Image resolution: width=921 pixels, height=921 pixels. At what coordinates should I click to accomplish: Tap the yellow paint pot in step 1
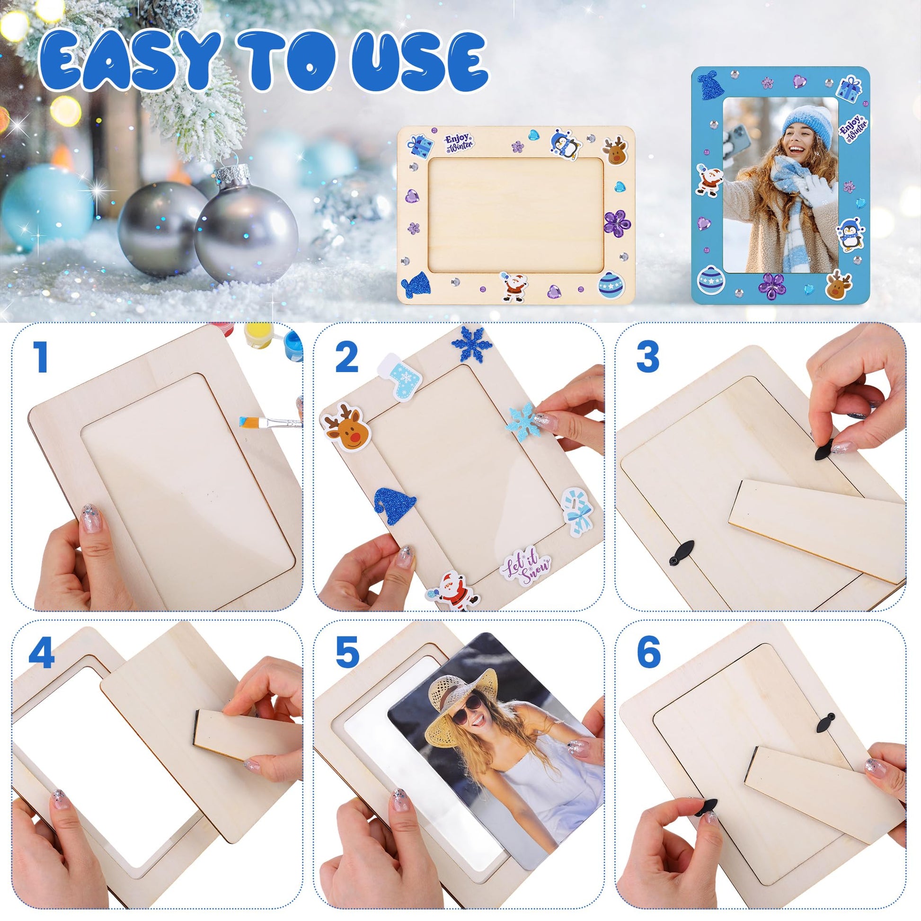coord(259,336)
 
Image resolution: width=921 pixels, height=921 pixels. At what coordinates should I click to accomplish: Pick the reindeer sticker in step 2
coord(346,426)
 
